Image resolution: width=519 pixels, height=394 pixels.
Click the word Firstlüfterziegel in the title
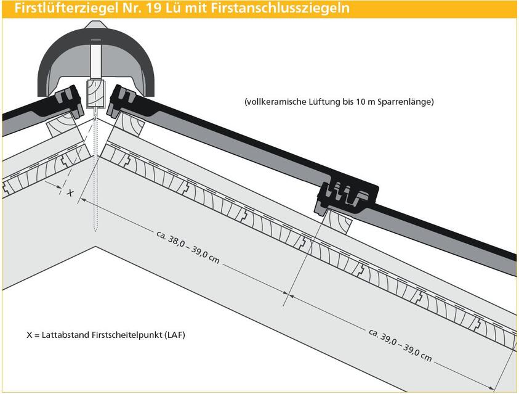coord(66,8)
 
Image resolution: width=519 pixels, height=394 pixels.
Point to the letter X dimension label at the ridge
coord(70,192)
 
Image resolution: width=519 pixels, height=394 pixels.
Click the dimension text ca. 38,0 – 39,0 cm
coord(188,247)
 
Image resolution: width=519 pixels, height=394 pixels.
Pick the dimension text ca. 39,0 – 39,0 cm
coord(400,345)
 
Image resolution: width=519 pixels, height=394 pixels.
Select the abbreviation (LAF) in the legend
coord(175,335)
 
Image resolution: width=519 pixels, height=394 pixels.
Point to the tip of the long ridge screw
coord(95,231)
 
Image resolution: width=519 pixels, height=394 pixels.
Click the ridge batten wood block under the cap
coord(95,94)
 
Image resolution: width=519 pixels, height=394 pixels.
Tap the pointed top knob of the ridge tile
coord(95,24)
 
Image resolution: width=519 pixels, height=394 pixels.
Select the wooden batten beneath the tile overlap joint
coord(338,221)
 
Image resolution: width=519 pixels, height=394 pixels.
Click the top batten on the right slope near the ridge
coord(130,125)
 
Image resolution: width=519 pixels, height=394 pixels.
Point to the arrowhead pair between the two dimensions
coord(288,294)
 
